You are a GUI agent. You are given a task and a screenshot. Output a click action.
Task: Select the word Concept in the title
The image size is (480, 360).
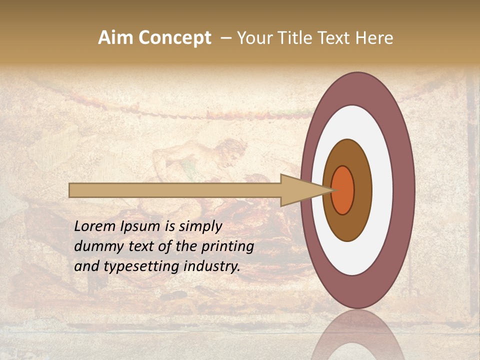[x=174, y=38]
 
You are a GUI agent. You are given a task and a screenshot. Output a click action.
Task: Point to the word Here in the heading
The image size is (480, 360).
[x=374, y=38]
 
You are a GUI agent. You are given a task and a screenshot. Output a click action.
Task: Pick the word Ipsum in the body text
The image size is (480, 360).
[x=141, y=226]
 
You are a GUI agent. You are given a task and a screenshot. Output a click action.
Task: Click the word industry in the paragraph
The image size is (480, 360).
[x=211, y=266]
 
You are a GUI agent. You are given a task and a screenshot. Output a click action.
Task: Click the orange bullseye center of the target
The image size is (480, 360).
[x=343, y=190]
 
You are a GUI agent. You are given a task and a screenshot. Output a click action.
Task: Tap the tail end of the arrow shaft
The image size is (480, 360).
[x=71, y=190]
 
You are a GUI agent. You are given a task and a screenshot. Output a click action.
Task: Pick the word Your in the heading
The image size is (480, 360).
[x=253, y=38]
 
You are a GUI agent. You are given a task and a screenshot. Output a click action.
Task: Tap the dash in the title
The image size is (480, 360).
[x=225, y=38]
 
